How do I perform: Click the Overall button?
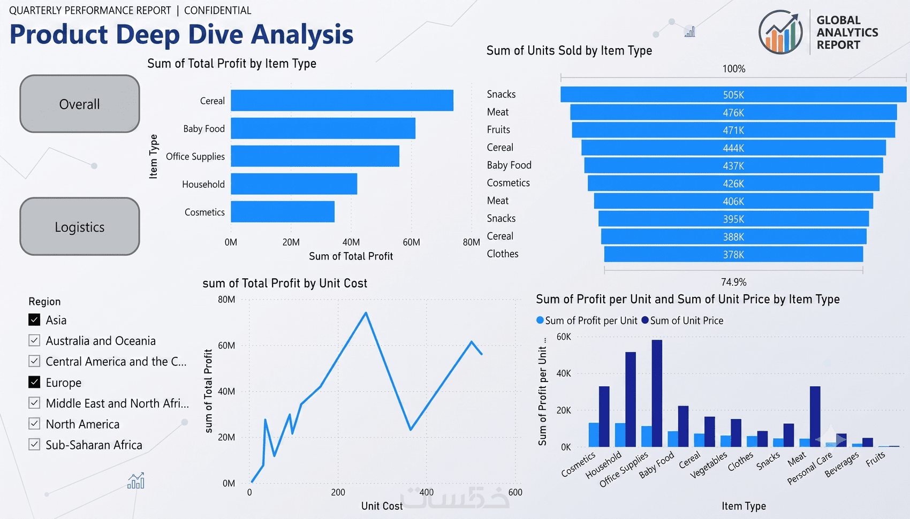coord(80,104)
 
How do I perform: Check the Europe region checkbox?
coord(35,382)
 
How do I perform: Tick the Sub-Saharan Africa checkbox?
coord(35,444)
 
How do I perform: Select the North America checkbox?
coord(35,424)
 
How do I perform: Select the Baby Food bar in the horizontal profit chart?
coord(323,128)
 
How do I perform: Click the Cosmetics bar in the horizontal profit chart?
coord(283,211)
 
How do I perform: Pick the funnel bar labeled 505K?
coord(733,94)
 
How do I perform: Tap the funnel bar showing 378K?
coord(733,254)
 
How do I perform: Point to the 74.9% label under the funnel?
coord(734,282)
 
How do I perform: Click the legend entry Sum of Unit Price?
coord(682,320)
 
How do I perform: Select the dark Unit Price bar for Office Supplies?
coord(657,393)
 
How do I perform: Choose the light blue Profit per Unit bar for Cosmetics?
coord(594,435)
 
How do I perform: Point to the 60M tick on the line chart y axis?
coord(226,346)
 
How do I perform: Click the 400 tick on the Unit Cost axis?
coord(427,492)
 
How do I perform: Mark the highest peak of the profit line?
coord(366,312)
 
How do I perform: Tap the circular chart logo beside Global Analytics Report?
coord(780,32)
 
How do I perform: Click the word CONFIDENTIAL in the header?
coord(218,10)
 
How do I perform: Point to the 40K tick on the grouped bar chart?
coord(564,373)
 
